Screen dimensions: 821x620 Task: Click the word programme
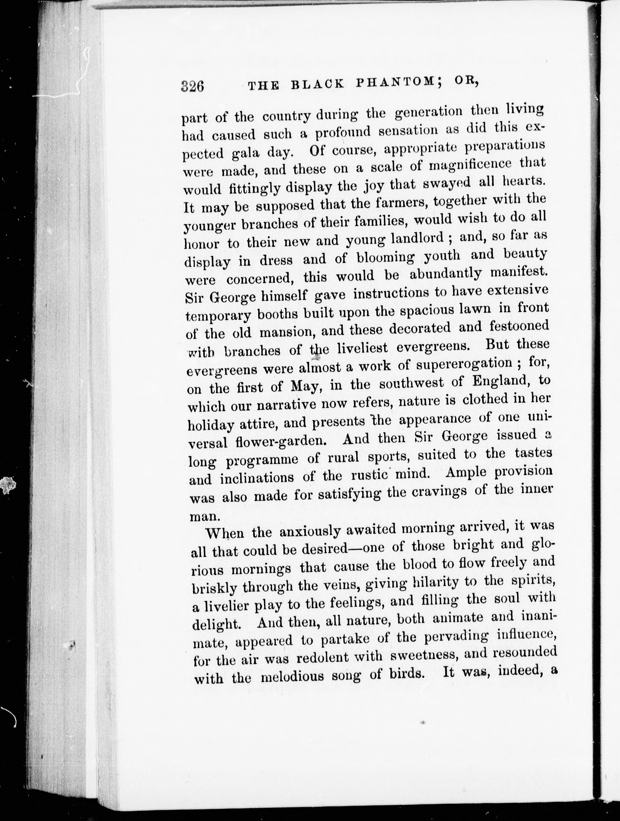[263, 460]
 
